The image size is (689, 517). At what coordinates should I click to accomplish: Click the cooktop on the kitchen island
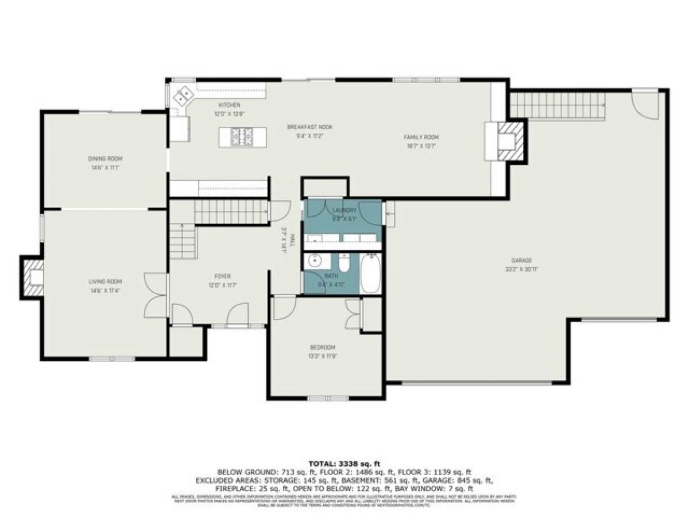coord(242,137)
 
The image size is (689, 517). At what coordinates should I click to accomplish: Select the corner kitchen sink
coord(183,95)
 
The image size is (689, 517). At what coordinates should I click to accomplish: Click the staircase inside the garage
coord(557,105)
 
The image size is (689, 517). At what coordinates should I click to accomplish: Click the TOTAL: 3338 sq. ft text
coord(344,463)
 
